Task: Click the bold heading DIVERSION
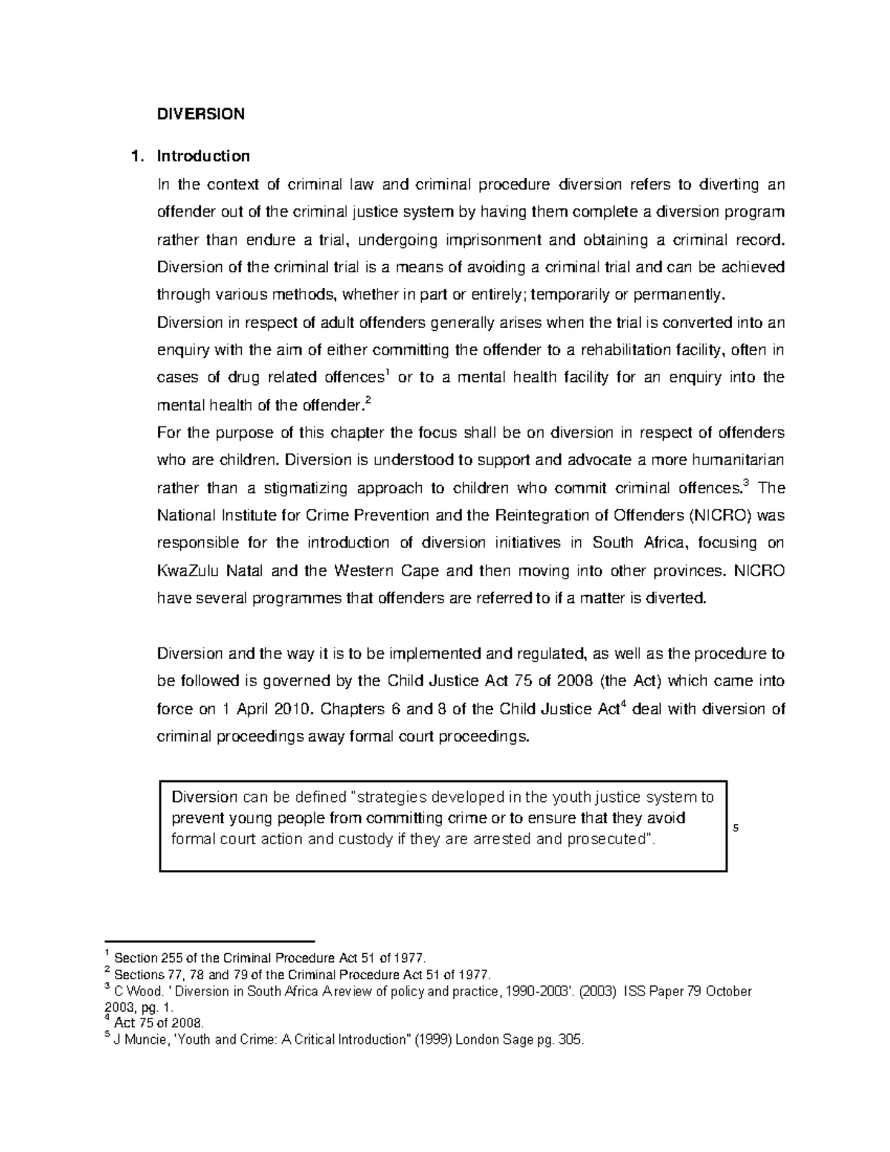[x=200, y=114]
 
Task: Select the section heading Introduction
[x=203, y=157]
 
